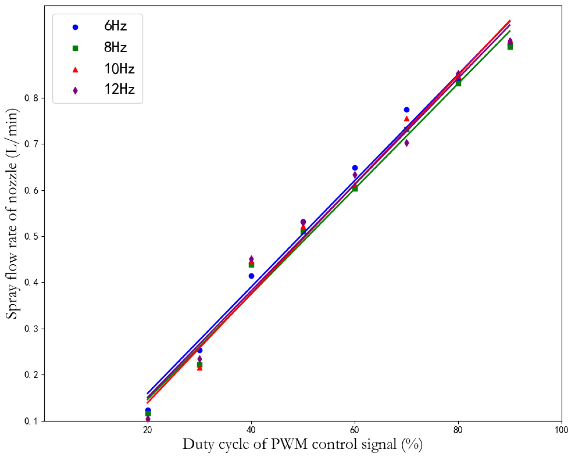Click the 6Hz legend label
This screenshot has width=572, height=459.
pyautogui.click(x=115, y=26)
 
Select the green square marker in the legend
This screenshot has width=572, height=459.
pyautogui.click(x=75, y=48)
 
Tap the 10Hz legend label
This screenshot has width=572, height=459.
pyautogui.click(x=119, y=69)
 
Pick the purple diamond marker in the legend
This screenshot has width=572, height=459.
pyautogui.click(x=75, y=90)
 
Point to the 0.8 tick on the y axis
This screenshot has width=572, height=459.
pyautogui.click(x=31, y=98)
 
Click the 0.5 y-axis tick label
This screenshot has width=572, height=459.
pyautogui.click(x=31, y=236)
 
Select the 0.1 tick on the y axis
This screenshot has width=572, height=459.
pyautogui.click(x=31, y=421)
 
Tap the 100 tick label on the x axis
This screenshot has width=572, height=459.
pyautogui.click(x=561, y=430)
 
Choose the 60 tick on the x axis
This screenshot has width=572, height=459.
pyautogui.click(x=354, y=430)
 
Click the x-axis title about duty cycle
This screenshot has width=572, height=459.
pyautogui.click(x=302, y=444)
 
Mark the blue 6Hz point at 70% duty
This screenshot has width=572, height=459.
pyautogui.click(x=407, y=110)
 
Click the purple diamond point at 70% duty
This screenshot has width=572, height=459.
pyautogui.click(x=407, y=143)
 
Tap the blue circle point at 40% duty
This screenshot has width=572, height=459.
pyautogui.click(x=251, y=276)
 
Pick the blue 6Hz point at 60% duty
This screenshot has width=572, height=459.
pyautogui.click(x=355, y=168)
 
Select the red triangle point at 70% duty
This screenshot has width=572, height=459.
pyautogui.click(x=407, y=119)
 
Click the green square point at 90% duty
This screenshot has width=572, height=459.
pyautogui.click(x=510, y=47)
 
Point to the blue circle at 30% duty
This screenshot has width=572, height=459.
pyautogui.click(x=200, y=351)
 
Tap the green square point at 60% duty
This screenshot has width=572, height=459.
pyautogui.click(x=355, y=189)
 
